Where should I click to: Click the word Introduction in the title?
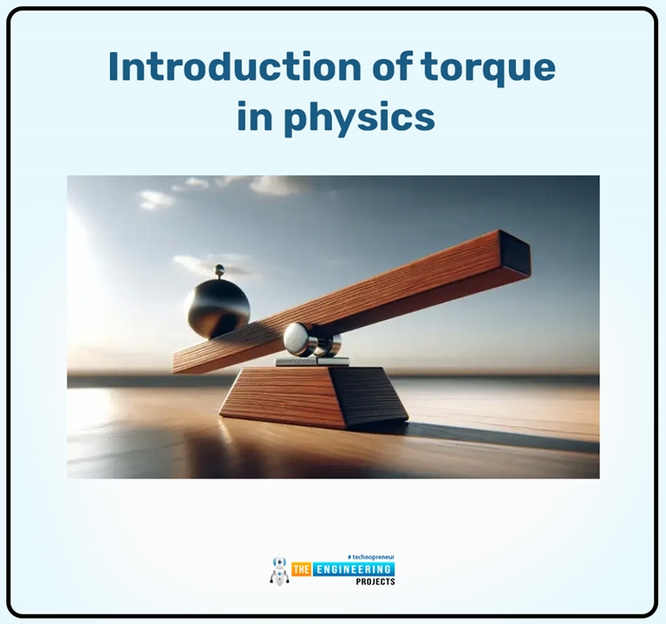coord(208,67)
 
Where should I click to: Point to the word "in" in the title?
coord(253,117)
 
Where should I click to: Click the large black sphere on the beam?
coord(217,307)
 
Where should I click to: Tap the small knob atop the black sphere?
coord(219,270)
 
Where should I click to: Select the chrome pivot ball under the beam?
coord(300,339)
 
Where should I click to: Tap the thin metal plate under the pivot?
coord(312,361)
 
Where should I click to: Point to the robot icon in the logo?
coord(279,570)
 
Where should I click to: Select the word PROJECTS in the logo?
coord(375,582)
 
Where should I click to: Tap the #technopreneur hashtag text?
coord(370,557)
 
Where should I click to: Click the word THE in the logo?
coord(302,569)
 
